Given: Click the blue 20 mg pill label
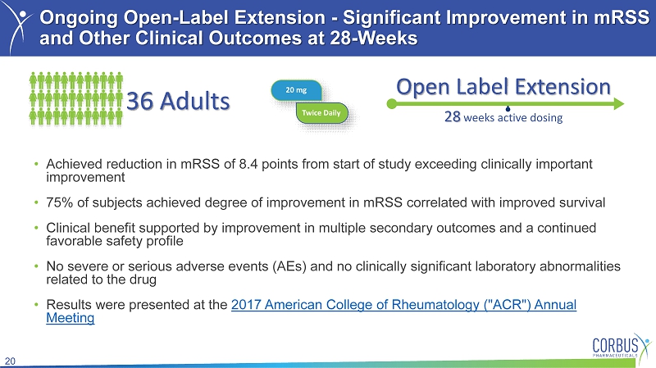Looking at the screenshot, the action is click(x=296, y=90).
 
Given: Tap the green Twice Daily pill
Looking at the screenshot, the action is click(x=321, y=113).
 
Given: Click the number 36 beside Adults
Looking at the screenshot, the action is click(x=139, y=101).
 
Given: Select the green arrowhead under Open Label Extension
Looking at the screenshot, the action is click(x=619, y=104).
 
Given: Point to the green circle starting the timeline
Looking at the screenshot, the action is click(x=392, y=104).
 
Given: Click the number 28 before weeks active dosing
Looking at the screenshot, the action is click(x=453, y=116).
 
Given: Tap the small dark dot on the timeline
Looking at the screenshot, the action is click(x=508, y=109).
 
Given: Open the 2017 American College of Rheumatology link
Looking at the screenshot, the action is click(x=403, y=305).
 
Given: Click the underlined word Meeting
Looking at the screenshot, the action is click(x=71, y=318).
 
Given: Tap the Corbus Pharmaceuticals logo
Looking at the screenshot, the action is click(x=622, y=346).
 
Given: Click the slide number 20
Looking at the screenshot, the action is click(x=10, y=361).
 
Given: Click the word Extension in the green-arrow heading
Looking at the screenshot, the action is click(x=563, y=87).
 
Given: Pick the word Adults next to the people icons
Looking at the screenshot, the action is click(x=195, y=101).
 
